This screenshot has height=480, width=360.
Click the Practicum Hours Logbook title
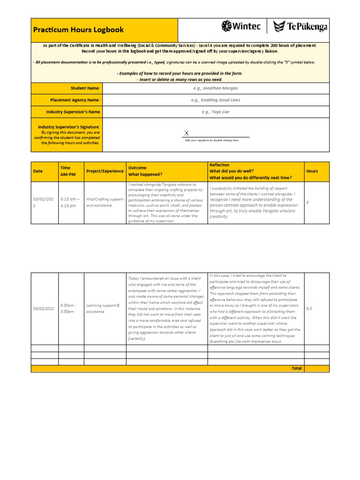(78, 30)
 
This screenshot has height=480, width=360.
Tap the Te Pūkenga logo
(300, 26)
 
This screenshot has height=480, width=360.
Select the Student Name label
(85, 88)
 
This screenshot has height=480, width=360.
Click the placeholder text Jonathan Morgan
(215, 88)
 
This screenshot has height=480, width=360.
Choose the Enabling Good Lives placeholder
(215, 100)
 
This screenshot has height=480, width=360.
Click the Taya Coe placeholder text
(215, 112)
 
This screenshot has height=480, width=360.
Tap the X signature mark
(186, 134)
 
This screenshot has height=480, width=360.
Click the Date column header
(37, 171)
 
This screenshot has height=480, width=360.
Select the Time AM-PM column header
(65, 171)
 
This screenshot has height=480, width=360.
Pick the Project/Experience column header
(105, 171)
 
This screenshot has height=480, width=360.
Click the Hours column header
(312, 171)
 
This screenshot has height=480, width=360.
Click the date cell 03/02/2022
(44, 202)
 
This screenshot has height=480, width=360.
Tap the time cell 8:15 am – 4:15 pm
(70, 202)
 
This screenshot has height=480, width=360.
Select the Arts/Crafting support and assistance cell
(105, 202)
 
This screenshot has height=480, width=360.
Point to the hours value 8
(307, 202)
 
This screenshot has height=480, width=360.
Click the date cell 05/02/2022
(44, 308)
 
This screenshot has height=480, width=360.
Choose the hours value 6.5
(309, 308)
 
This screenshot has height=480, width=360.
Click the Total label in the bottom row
(296, 368)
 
